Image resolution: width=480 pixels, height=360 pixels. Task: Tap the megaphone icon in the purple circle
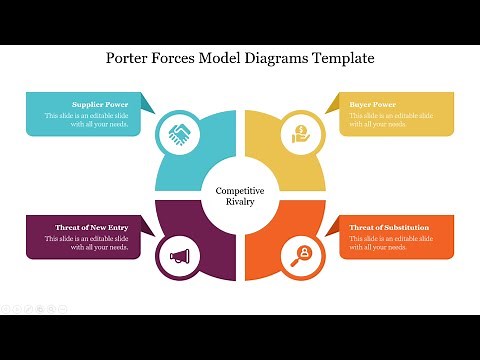point(180,256)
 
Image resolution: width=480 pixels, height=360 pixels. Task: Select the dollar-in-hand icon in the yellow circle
point(299,133)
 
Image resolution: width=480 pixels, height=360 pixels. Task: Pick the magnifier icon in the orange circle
point(299,256)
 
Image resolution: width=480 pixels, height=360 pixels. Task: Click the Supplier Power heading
point(100,104)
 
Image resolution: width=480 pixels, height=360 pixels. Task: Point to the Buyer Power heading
point(373,104)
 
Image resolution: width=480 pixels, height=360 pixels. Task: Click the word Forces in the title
point(179,58)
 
